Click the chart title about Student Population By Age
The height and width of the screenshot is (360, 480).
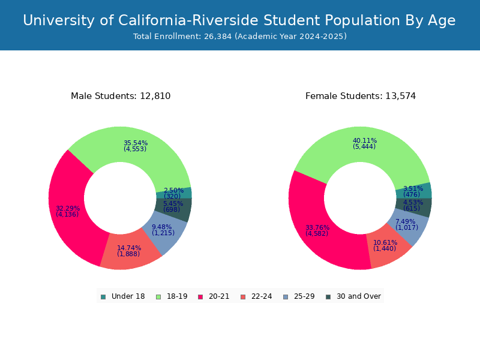239,20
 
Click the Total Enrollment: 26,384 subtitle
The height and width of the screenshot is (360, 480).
239,37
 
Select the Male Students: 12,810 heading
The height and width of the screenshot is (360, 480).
121,96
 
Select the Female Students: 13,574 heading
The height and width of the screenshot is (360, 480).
360,96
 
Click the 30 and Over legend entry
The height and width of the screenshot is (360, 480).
353,296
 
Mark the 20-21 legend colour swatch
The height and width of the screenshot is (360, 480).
200,296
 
